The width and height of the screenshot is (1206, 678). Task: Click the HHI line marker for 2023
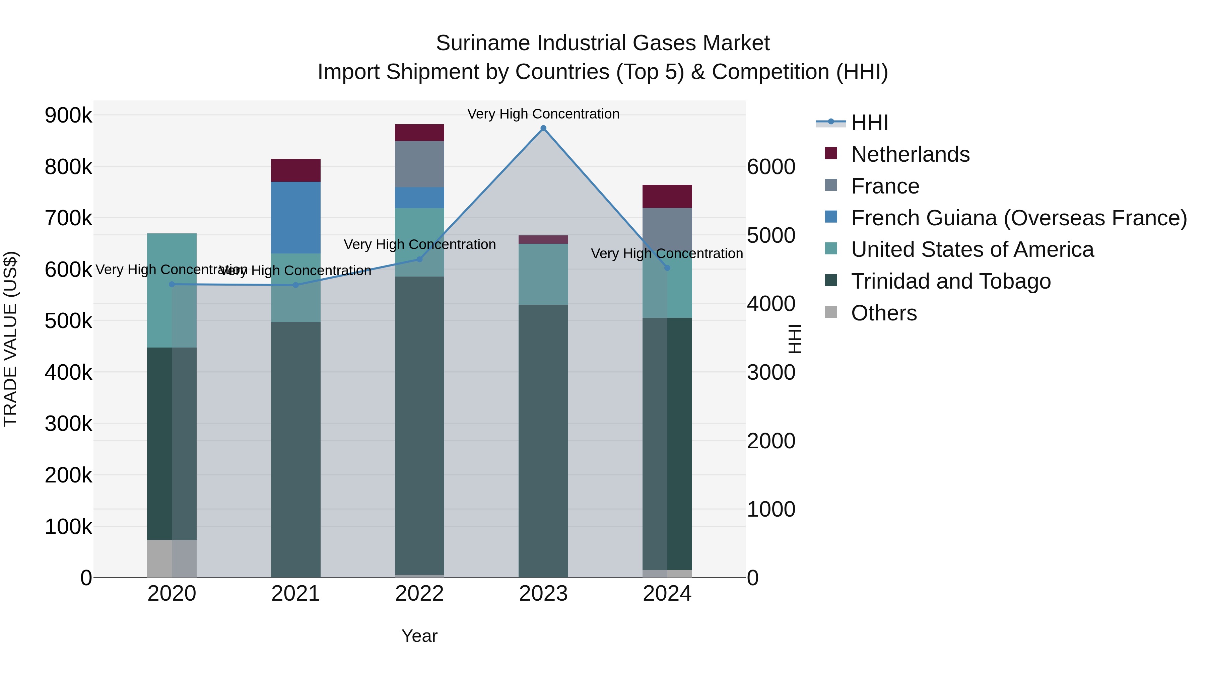point(543,128)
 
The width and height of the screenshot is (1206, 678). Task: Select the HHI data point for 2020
point(172,284)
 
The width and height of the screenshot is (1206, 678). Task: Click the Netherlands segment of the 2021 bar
point(295,170)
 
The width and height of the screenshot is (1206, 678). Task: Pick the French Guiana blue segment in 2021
point(295,218)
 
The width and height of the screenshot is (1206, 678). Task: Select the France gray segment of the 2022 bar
point(419,164)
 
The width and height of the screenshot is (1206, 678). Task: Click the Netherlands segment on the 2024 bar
point(667,196)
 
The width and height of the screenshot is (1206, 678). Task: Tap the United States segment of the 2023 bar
point(543,274)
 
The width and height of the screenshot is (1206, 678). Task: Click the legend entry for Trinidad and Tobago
point(950,281)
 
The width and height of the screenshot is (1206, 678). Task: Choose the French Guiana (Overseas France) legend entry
point(1018,218)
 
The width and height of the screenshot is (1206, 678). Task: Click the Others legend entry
point(883,313)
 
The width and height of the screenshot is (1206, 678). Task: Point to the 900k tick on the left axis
point(68,115)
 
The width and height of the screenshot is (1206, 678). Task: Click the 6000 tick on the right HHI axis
point(770,167)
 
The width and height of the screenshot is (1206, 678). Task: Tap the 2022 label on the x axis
point(419,594)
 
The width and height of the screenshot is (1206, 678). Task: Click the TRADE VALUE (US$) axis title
point(11,339)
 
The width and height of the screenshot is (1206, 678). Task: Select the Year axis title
point(419,636)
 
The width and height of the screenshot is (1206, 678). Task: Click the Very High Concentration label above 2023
point(543,114)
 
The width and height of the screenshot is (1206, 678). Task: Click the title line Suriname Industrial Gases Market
point(603,43)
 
